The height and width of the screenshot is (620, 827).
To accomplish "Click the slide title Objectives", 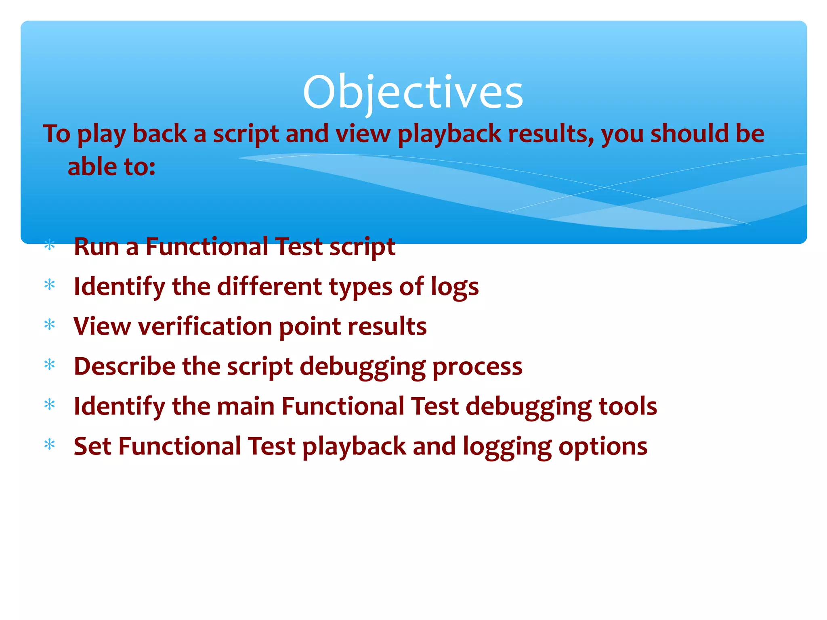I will coord(413,92).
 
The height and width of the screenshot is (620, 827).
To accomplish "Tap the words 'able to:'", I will coord(111,167).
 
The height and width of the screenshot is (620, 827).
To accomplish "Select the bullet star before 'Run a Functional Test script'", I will coord(50,245).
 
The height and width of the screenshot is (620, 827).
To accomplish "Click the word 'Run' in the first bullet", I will coord(96,247).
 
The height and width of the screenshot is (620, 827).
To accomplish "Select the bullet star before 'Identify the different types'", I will coord(50,285).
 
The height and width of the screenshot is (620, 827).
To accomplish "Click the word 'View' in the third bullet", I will coord(102,326).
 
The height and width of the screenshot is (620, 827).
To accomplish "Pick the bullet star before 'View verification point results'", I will coord(50,325).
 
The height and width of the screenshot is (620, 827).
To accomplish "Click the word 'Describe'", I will coord(124,366).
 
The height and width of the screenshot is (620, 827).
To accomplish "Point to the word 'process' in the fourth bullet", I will coord(477,367).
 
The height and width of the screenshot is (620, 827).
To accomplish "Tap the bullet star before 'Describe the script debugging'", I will coord(50,365).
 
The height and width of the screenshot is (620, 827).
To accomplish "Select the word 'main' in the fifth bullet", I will coord(246,406).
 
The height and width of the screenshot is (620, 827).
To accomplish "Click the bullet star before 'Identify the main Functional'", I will coord(50,404).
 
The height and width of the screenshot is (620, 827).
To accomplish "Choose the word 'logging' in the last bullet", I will coord(507,447).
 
